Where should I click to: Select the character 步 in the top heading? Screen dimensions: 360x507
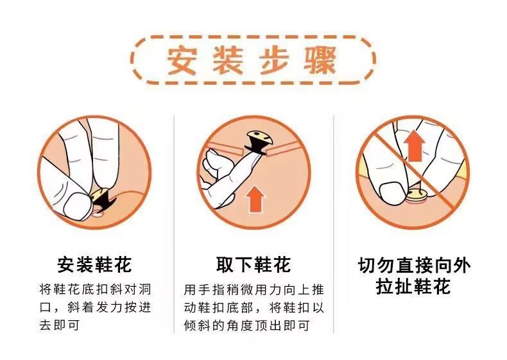(x=274, y=60)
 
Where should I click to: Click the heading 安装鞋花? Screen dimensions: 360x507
(x=94, y=264)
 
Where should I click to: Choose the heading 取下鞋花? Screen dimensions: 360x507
(x=253, y=264)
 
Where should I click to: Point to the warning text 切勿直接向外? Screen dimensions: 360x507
(x=413, y=266)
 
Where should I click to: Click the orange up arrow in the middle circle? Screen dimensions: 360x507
(x=256, y=199)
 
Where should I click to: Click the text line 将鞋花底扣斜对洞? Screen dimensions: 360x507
(x=94, y=289)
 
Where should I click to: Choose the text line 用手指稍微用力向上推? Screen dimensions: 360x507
(x=253, y=289)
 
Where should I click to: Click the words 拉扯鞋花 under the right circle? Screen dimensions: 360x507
(x=413, y=286)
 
